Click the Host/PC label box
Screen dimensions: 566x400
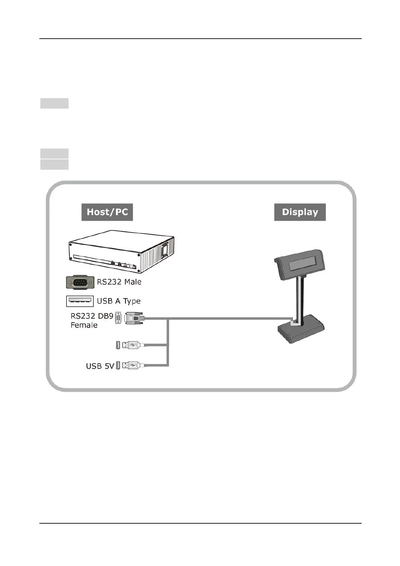click(107, 212)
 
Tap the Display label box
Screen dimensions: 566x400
click(300, 212)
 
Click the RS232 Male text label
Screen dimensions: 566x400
click(119, 282)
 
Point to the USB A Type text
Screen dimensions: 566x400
click(119, 301)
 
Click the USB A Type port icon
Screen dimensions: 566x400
click(80, 301)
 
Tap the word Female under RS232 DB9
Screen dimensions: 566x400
click(84, 325)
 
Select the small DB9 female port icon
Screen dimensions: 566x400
click(118, 318)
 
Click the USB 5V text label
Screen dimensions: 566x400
click(100, 366)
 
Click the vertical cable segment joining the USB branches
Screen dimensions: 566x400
click(168, 343)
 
